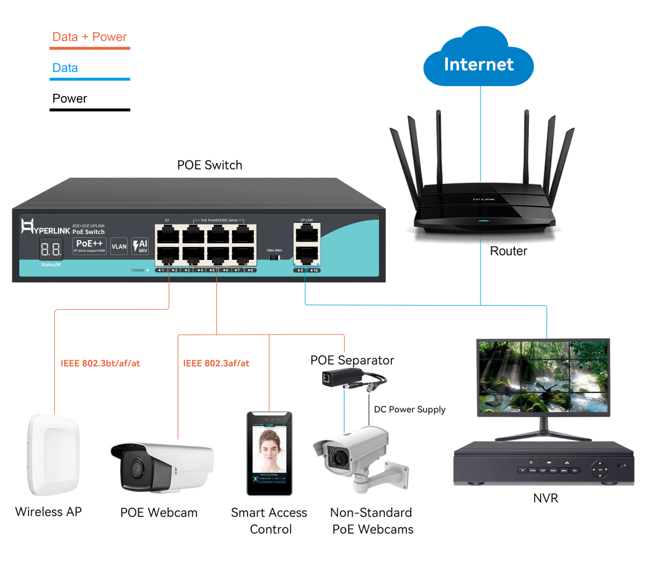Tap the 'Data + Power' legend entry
tap(89, 37)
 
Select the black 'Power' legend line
tap(90, 110)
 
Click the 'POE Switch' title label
tap(209, 165)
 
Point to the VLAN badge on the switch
tap(119, 246)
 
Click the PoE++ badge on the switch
tap(89, 245)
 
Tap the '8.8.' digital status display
tap(51, 249)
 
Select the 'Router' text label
tap(508, 251)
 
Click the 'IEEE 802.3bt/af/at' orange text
tap(100, 364)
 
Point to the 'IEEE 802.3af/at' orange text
tap(216, 364)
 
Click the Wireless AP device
tap(54, 454)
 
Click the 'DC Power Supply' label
tap(410, 409)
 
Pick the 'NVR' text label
tap(545, 498)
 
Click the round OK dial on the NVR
tap(600, 470)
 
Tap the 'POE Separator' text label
tap(352, 360)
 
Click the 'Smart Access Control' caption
tap(270, 521)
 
